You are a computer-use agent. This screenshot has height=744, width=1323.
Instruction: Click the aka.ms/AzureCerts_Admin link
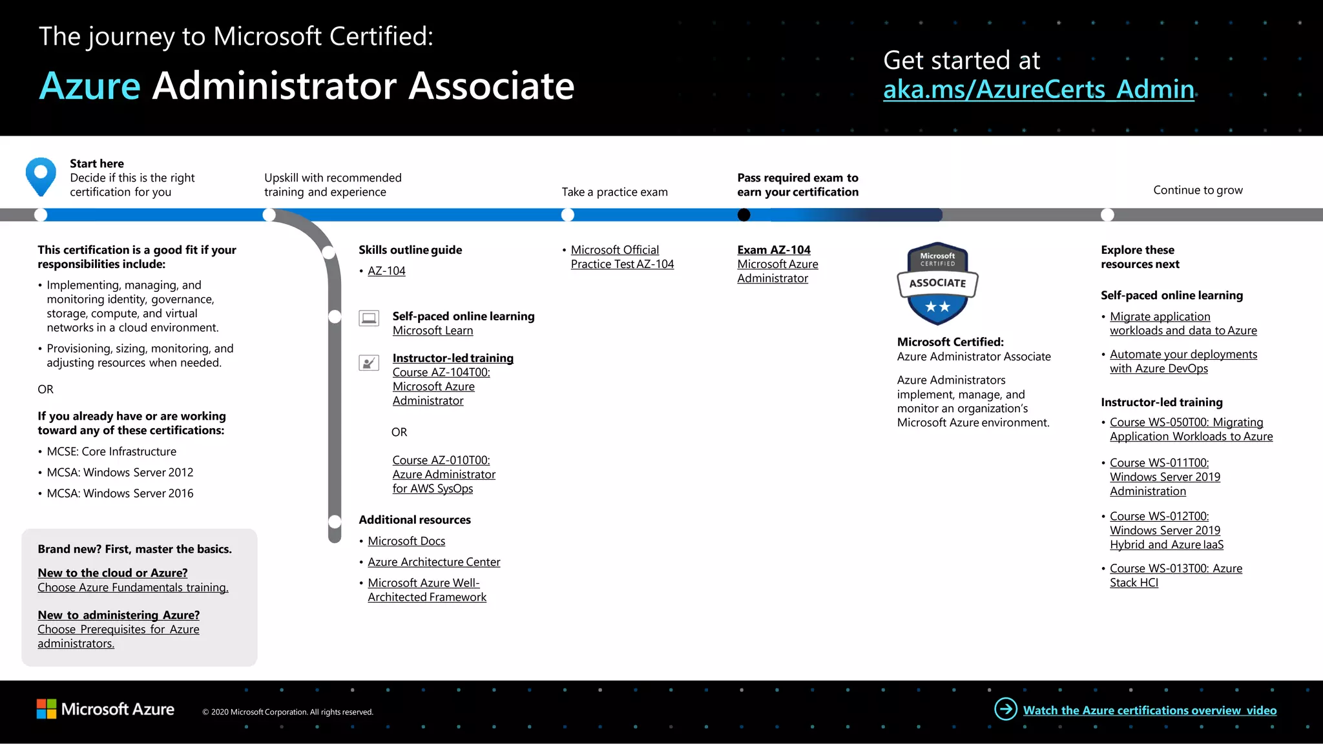[x=1038, y=89]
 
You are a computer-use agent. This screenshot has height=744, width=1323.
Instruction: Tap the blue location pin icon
[x=41, y=176]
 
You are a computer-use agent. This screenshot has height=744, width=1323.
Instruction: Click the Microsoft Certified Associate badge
[x=937, y=284]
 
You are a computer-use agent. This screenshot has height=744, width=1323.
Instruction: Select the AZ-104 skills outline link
[x=386, y=271]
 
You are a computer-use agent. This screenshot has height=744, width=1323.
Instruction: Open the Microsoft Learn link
[x=432, y=331]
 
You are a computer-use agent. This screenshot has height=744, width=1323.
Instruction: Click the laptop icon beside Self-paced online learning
[x=369, y=318]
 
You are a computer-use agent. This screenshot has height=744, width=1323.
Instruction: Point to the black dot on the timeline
[x=744, y=215]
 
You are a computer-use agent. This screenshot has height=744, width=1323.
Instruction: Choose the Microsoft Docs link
[x=406, y=541]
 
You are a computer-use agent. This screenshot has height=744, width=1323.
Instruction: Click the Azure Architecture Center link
[x=433, y=562]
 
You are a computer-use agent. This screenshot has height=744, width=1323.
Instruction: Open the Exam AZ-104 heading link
[x=773, y=250]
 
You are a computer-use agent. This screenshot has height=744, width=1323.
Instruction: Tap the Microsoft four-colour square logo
[x=47, y=709]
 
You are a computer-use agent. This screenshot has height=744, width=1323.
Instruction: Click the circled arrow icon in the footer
[x=1005, y=709]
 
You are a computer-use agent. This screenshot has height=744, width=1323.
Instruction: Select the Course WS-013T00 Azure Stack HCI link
[x=1175, y=575]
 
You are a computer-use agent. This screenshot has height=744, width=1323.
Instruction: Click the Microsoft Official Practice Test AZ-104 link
[x=621, y=257]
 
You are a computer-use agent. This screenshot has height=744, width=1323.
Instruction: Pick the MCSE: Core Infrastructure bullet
[x=111, y=451]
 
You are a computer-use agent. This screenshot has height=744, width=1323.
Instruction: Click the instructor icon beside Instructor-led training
[x=369, y=363]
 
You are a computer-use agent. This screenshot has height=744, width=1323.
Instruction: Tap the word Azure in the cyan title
[x=90, y=86]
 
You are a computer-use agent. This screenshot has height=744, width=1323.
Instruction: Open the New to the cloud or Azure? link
[x=112, y=573]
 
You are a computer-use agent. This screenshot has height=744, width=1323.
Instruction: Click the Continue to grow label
[x=1198, y=190]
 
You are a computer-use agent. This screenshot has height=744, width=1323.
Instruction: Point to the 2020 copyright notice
[x=287, y=712]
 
